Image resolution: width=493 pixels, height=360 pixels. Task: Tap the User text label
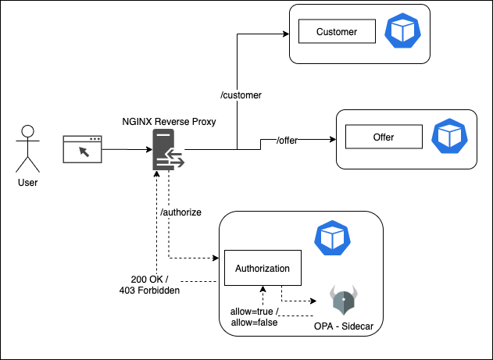pos(27,183)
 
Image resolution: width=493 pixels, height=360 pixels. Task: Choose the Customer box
pos(336,32)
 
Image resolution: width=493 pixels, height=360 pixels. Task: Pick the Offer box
pos(383,137)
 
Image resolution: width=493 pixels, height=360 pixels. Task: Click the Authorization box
pos(263,269)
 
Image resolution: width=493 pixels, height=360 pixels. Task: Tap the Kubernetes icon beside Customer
pos(403,32)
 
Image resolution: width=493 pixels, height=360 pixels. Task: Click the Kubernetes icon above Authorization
pos(329,237)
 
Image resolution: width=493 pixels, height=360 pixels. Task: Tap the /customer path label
pos(241,95)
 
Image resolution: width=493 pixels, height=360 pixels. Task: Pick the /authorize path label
pos(180,212)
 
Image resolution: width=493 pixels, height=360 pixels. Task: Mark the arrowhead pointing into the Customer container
pos(284,35)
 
